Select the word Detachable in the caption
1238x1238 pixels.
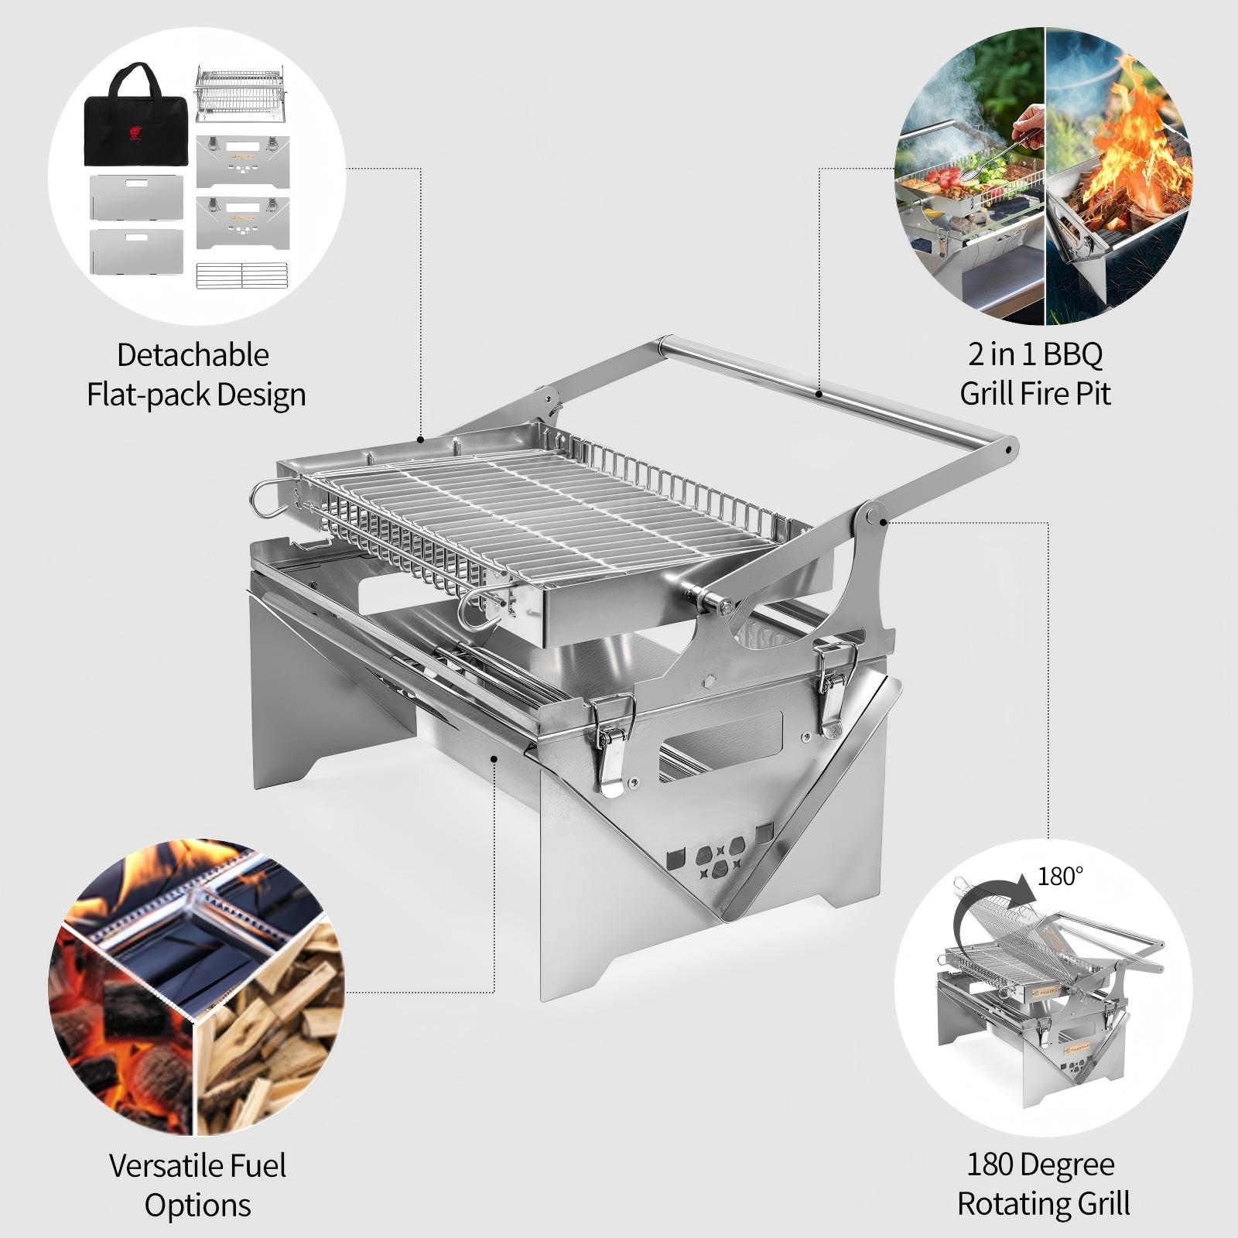(193, 355)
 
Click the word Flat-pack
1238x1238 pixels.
(148, 395)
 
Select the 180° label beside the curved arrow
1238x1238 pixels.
(1059, 877)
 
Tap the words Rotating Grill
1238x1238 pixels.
(1043, 1204)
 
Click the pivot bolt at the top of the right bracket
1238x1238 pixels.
(874, 514)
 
